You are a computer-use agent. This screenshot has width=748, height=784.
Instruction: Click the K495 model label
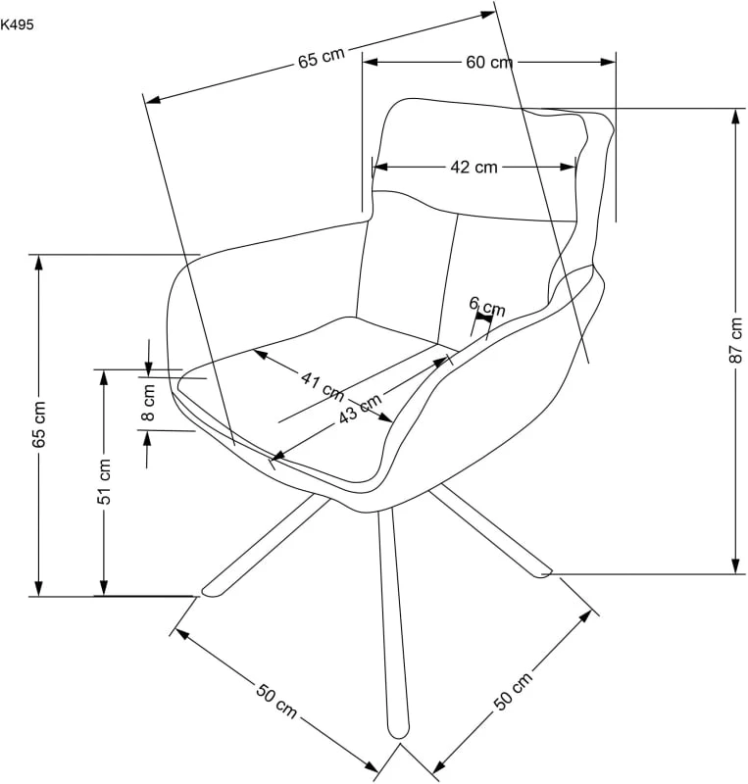(17, 24)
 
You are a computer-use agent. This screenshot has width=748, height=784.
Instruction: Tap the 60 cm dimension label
(489, 63)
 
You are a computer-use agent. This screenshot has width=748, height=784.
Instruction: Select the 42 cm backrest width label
(474, 167)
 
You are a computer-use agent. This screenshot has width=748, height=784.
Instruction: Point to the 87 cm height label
(735, 340)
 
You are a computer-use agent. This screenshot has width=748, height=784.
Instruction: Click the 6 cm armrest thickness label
(487, 306)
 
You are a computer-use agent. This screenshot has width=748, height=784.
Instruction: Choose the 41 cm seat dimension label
(324, 386)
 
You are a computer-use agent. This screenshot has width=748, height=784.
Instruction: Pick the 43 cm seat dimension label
(360, 407)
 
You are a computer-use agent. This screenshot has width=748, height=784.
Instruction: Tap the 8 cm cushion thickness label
(148, 403)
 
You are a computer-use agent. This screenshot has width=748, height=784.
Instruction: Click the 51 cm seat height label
(104, 481)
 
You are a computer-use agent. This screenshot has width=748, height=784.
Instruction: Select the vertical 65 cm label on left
(38, 424)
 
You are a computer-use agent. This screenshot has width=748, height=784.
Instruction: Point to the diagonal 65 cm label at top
(322, 58)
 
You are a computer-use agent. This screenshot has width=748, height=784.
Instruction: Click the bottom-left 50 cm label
(276, 700)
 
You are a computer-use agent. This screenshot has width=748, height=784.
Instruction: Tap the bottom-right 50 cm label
(513, 692)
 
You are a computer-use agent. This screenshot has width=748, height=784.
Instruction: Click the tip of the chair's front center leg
(399, 733)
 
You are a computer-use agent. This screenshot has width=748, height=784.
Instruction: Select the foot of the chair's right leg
(544, 573)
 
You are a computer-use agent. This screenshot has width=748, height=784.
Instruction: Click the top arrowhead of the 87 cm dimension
(735, 116)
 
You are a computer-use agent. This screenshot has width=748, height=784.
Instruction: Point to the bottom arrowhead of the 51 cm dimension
(104, 588)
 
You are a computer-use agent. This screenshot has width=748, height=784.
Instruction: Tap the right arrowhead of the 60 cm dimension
(608, 63)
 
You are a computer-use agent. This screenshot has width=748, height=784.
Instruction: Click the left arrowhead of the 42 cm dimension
(380, 167)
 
